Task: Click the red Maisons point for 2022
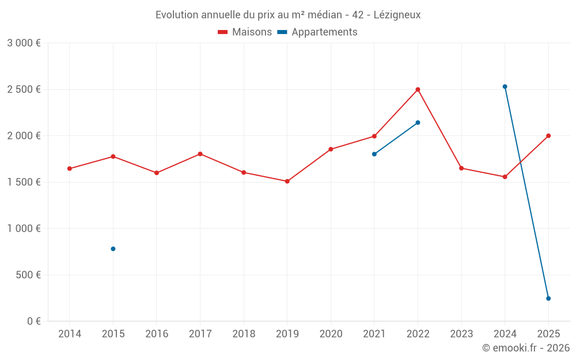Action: [x=418, y=89]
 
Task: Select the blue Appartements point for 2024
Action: [x=505, y=86]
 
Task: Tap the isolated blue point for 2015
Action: [x=113, y=249]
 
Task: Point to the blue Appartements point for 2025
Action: [x=548, y=298]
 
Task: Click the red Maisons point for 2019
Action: [x=287, y=181]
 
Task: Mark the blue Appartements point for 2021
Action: [x=374, y=154]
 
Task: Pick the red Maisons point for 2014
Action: [x=70, y=169]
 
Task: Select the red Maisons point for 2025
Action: [x=548, y=136]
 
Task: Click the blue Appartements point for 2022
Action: [x=418, y=122]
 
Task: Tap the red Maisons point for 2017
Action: [x=200, y=154]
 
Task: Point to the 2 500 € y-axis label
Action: [x=24, y=89]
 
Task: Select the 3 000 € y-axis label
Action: [x=24, y=43]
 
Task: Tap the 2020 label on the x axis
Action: [x=331, y=334]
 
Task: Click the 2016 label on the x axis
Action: [x=157, y=334]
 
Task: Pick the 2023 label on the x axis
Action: [x=461, y=334]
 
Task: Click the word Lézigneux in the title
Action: [x=397, y=14]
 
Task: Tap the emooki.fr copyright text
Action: [x=525, y=348]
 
